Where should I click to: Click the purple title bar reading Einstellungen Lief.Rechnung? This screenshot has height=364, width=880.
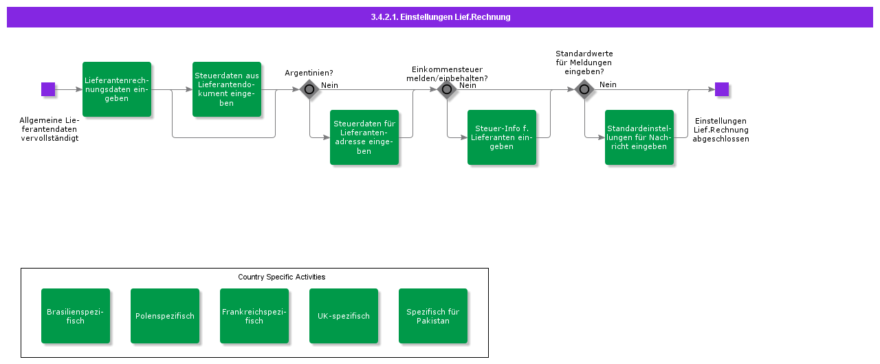tap(440, 17)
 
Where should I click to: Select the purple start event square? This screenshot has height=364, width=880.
tap(48, 89)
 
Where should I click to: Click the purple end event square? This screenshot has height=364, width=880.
tap(721, 89)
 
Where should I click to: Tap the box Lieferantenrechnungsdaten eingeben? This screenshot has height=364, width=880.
tap(117, 89)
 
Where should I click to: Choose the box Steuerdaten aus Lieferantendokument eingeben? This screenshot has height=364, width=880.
tap(227, 89)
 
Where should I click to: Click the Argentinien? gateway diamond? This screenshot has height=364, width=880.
tap(309, 89)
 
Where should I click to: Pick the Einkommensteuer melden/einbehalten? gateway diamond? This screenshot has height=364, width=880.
tap(447, 89)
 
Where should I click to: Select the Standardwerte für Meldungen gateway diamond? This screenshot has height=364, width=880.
tap(584, 89)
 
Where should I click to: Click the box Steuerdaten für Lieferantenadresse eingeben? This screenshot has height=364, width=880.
tap(364, 137)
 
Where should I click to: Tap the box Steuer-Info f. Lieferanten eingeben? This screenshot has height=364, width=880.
tap(502, 137)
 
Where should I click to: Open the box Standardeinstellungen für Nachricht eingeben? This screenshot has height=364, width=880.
tap(639, 137)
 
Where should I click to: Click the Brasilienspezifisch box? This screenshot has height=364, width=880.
tap(76, 316)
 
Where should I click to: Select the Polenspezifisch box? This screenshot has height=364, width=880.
tap(165, 316)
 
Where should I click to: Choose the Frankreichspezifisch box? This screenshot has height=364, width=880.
tap(254, 316)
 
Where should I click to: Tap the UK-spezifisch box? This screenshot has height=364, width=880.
tap(344, 316)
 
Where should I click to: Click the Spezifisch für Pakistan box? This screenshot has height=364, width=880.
tap(433, 316)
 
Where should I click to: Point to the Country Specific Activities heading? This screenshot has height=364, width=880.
tap(281, 277)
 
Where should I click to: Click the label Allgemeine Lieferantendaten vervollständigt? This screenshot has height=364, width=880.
tap(49, 129)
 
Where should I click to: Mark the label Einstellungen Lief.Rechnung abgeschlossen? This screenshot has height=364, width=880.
tap(720, 130)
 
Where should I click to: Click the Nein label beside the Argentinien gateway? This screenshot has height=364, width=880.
tap(329, 85)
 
